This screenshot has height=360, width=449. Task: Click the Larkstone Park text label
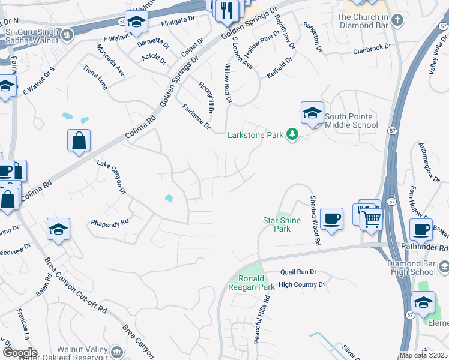(x=255, y=136)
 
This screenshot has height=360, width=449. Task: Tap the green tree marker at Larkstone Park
(x=292, y=134)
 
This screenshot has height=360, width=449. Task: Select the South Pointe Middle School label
(x=351, y=121)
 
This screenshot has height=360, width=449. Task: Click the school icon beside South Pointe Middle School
(x=312, y=113)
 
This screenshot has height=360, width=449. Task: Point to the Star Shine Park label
(x=277, y=224)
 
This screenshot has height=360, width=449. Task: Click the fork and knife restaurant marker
(x=227, y=11)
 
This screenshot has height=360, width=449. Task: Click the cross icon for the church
(x=396, y=21)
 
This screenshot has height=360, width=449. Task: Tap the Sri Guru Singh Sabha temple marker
(x=66, y=35)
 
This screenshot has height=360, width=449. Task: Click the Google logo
(x=19, y=353)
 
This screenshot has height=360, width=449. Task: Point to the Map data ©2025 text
(x=423, y=355)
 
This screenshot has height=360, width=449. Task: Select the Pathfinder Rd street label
(x=426, y=248)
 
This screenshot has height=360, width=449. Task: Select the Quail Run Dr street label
(x=297, y=272)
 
